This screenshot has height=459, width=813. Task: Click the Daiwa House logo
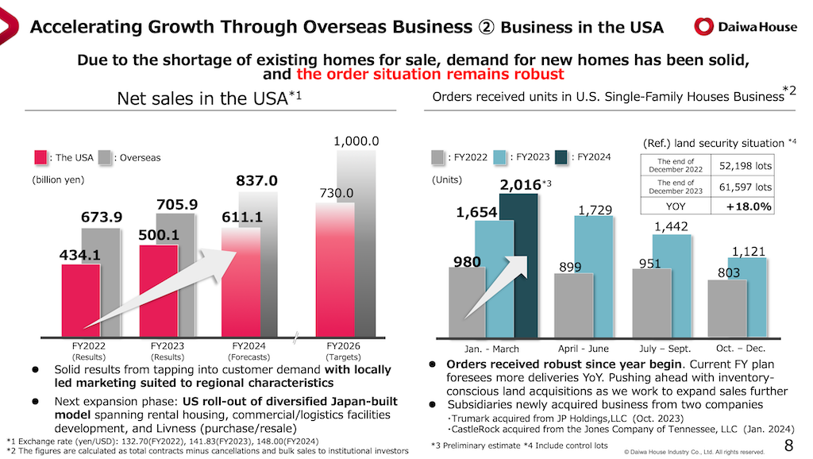point(745,26)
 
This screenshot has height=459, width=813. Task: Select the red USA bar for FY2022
point(80,299)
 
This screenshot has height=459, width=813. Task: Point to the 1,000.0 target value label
point(356,141)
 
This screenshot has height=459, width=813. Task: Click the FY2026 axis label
point(344,346)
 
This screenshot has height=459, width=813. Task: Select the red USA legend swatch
point(40,157)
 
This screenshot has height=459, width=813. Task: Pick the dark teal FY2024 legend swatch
point(562,157)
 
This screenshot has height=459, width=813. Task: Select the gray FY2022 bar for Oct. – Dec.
point(727,307)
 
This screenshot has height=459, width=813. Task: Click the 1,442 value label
point(671,227)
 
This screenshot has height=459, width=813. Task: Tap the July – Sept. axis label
point(665,349)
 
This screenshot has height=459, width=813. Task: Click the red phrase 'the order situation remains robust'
point(430,74)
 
